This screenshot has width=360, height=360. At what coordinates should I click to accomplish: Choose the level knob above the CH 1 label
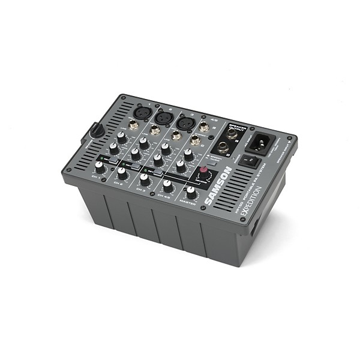click(x=100, y=168)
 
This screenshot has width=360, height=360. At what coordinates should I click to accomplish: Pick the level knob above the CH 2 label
click(x=122, y=173)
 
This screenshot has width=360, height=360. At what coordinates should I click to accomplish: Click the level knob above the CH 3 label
click(x=145, y=179)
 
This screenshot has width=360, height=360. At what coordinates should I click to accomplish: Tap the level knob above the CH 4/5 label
click(x=168, y=186)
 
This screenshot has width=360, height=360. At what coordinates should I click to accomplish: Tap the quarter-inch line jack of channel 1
click(x=133, y=125)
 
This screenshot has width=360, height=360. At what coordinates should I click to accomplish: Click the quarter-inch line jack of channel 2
click(x=155, y=130)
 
